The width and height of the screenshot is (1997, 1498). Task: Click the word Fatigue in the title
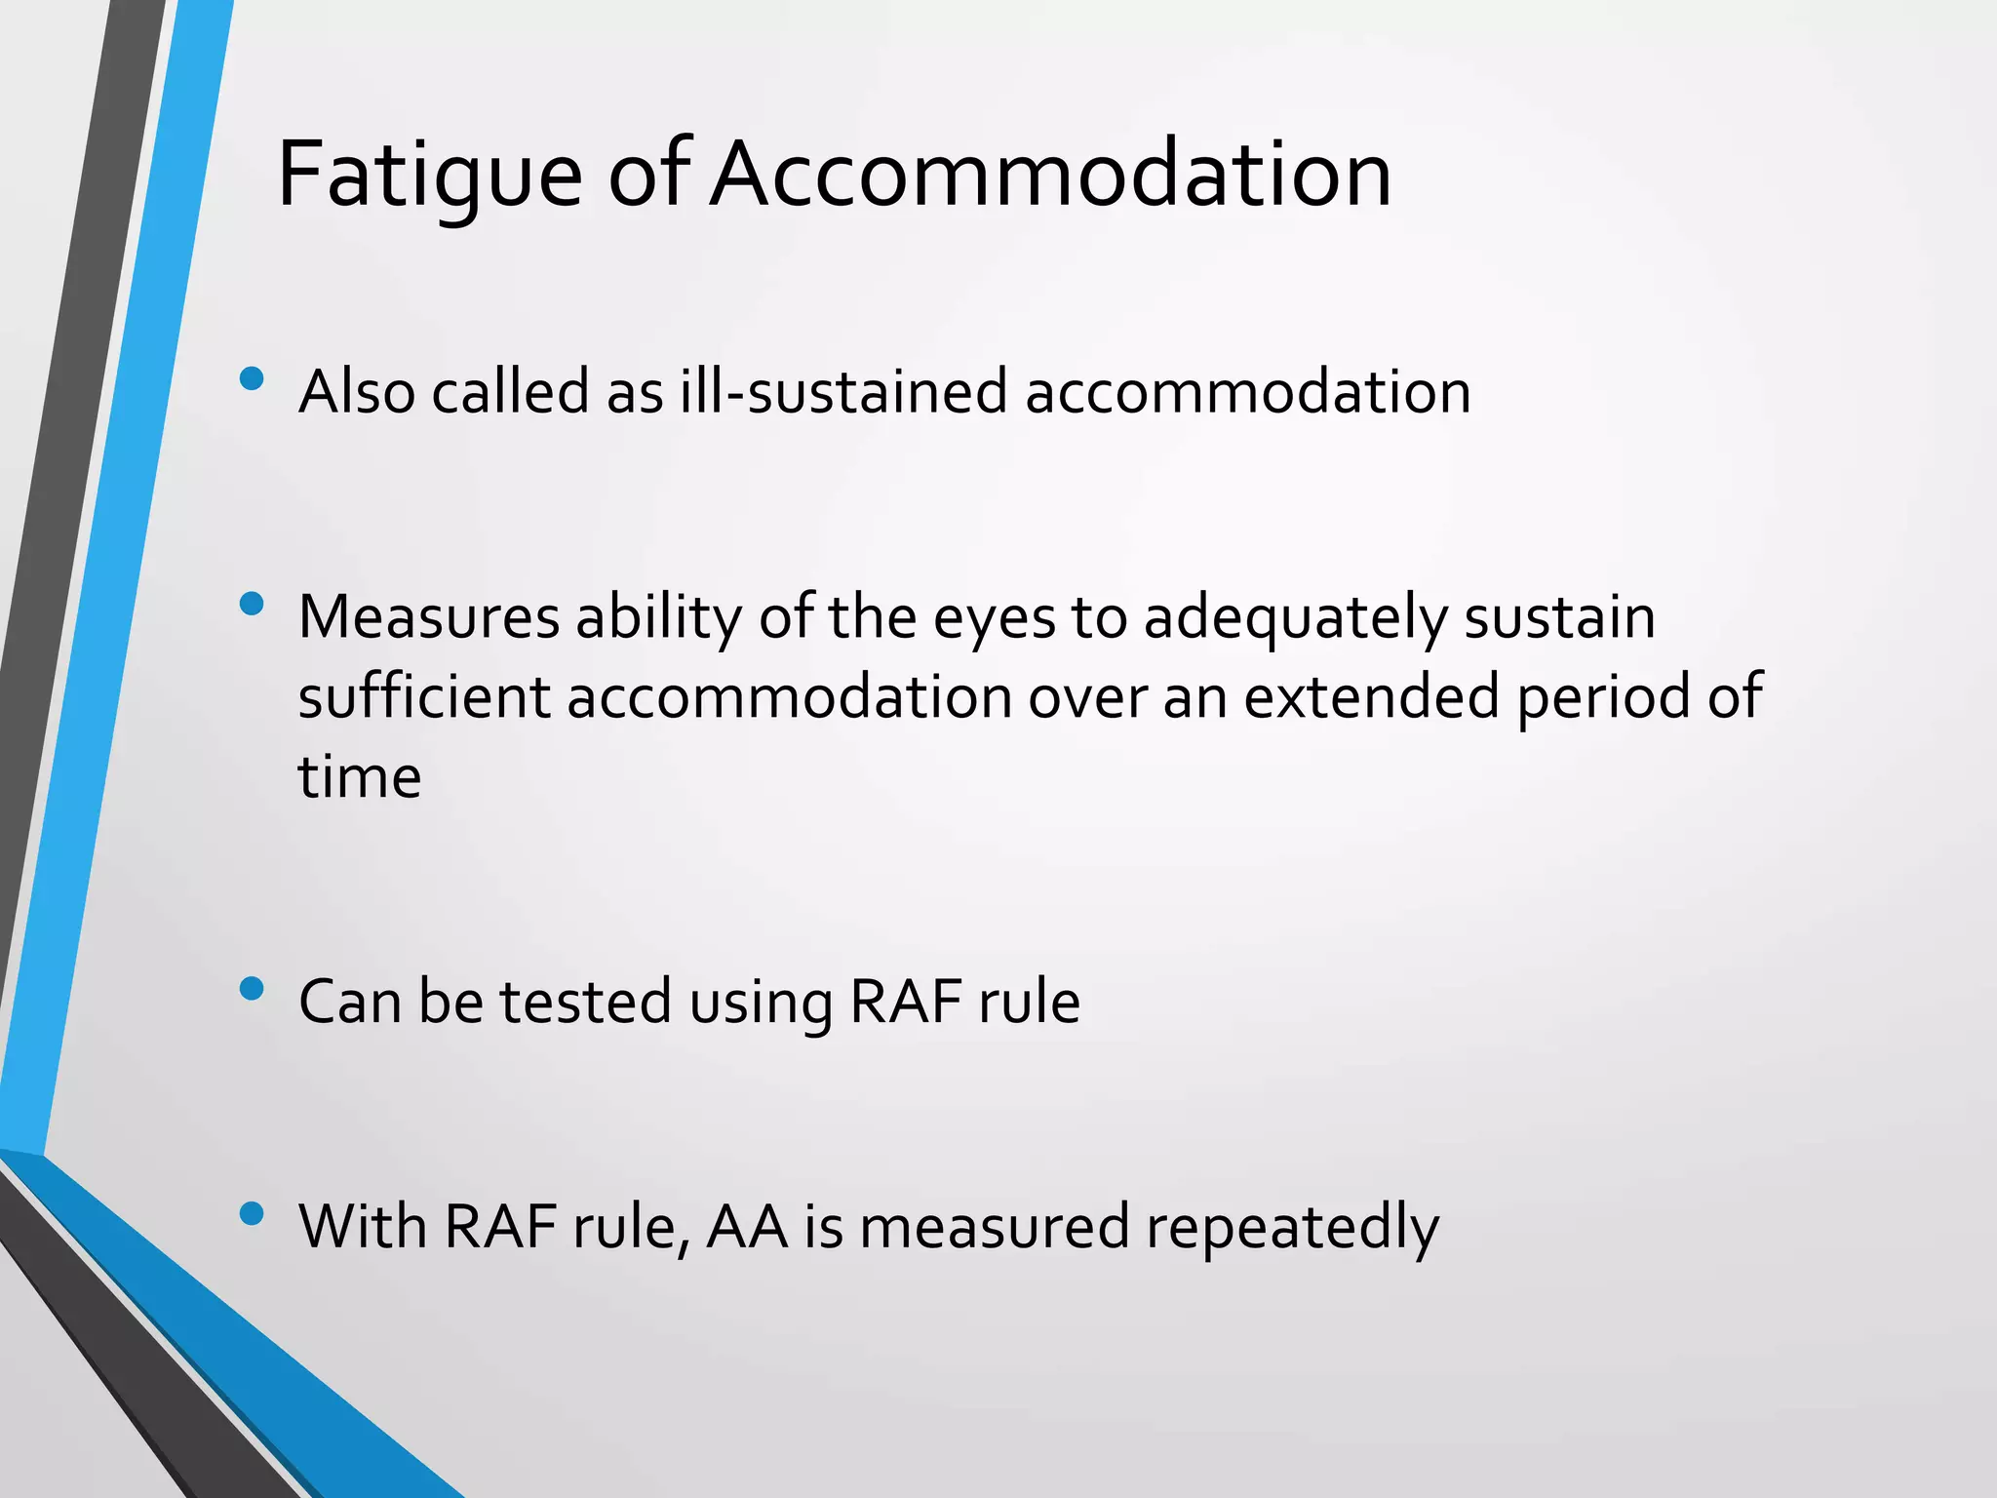pyautogui.click(x=429, y=176)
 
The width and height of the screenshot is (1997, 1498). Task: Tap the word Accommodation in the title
pyautogui.click(x=1050, y=176)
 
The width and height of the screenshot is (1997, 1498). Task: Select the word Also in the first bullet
pyautogui.click(x=357, y=392)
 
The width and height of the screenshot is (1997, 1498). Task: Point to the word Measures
pyautogui.click(x=429, y=617)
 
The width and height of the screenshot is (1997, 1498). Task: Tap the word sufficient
pyautogui.click(x=424, y=697)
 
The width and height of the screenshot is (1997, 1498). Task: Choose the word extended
pyautogui.click(x=1371, y=697)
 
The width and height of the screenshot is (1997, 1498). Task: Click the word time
pyautogui.click(x=359, y=777)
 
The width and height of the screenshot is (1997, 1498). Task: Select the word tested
pyautogui.click(x=585, y=1002)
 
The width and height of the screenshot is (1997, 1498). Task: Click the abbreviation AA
pyautogui.click(x=747, y=1226)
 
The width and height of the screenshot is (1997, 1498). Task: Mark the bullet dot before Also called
pyautogui.click(x=252, y=378)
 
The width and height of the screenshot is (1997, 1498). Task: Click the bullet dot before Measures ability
pyautogui.click(x=252, y=605)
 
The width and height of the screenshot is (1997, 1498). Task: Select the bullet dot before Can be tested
pyautogui.click(x=252, y=989)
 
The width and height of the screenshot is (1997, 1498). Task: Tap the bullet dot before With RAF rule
pyautogui.click(x=252, y=1213)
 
